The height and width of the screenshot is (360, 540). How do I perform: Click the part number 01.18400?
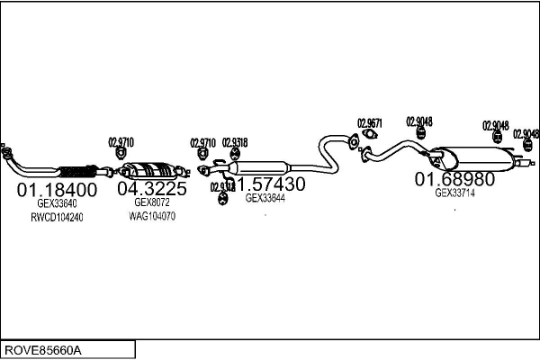tap(57, 190)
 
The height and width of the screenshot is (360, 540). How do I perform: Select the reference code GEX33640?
tap(56, 204)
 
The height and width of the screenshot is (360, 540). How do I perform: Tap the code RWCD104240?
tap(57, 217)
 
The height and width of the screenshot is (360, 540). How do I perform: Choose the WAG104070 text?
tap(151, 217)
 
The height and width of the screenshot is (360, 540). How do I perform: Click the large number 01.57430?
tap(268, 184)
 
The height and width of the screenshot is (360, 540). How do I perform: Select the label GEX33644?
tap(265, 198)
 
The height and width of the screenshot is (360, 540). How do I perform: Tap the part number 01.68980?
tap(454, 179)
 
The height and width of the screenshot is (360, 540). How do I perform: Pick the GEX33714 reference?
tap(454, 193)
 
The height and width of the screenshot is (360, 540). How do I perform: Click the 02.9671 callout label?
tap(370, 123)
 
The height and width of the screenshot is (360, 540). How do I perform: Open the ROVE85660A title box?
tap(67, 349)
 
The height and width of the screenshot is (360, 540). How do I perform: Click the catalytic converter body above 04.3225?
tap(148, 170)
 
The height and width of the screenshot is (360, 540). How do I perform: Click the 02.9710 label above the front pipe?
tap(121, 142)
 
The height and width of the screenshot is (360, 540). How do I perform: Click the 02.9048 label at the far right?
tap(526, 135)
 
